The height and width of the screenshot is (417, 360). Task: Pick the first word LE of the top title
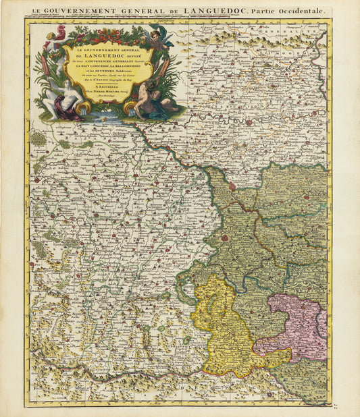[x=40, y=11]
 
